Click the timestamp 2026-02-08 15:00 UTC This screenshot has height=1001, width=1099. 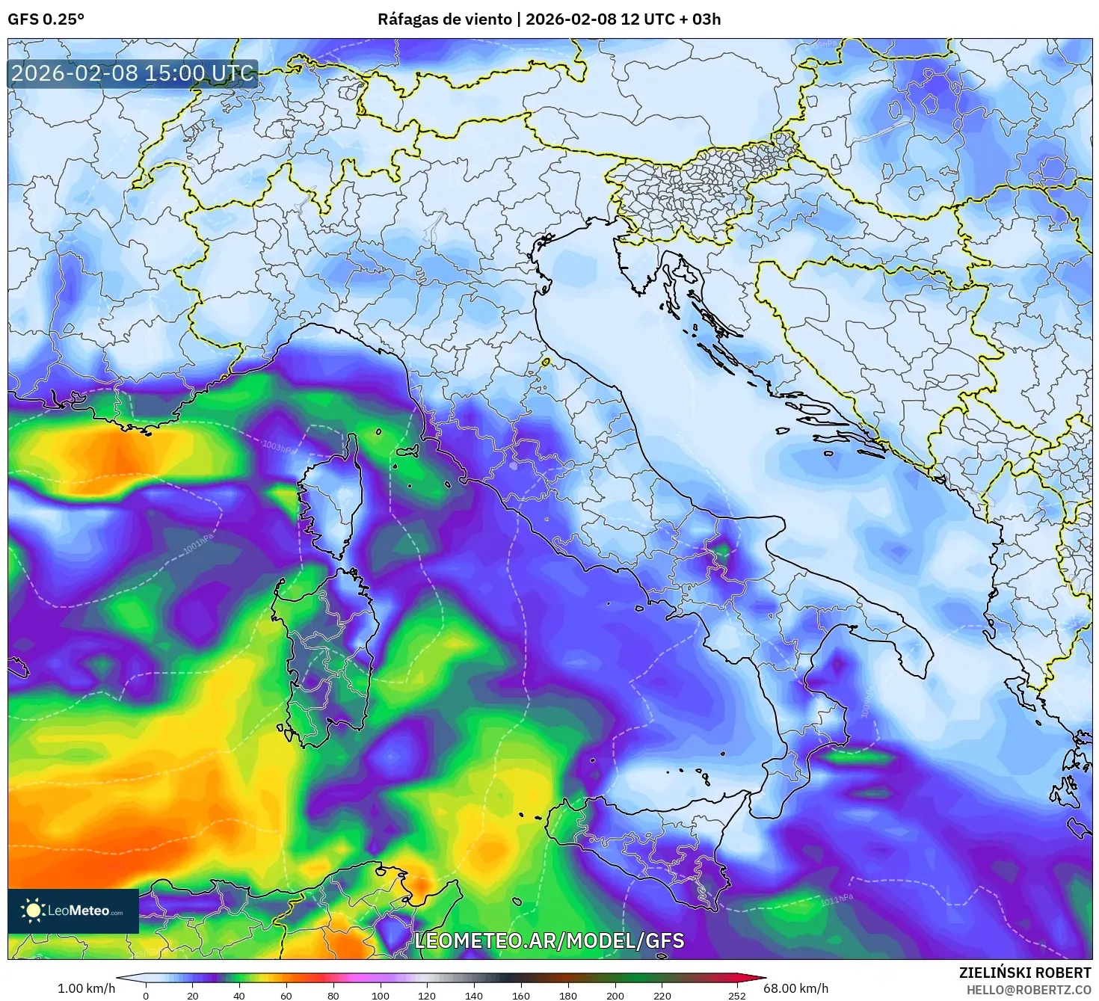(132, 73)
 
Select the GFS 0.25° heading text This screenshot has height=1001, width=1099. (46, 19)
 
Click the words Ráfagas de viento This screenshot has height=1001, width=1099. (444, 19)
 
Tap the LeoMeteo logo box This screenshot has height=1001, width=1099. (73, 911)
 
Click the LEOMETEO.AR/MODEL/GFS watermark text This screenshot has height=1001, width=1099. (549, 940)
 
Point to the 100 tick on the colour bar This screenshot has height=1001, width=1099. (381, 995)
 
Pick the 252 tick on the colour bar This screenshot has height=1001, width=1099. (737, 995)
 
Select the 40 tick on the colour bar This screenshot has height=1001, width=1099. (239, 995)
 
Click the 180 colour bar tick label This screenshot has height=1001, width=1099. (568, 995)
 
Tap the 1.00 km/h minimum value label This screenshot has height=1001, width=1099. (86, 988)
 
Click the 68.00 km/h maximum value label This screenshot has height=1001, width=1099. (795, 988)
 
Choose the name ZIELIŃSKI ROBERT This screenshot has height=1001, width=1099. (1025, 973)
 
